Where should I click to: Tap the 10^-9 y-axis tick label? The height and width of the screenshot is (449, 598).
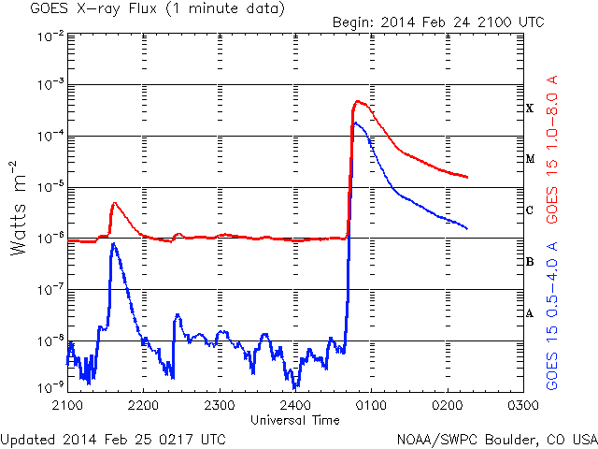[x=50, y=386]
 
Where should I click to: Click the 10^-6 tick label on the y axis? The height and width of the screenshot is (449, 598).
[x=50, y=238]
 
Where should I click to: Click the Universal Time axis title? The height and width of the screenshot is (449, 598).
[x=294, y=421]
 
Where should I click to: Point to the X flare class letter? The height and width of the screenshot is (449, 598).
[x=530, y=109]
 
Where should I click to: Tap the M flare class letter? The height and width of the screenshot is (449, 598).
[x=530, y=159]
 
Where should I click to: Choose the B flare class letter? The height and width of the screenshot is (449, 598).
[x=530, y=262]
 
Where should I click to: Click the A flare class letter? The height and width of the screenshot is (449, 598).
[x=530, y=313]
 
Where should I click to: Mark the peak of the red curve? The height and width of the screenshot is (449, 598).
[x=357, y=101]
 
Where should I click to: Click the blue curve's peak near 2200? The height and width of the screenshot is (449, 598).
[x=113, y=244]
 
